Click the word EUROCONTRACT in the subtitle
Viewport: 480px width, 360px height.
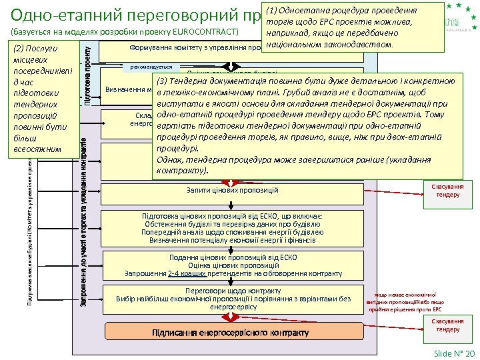click(206, 33)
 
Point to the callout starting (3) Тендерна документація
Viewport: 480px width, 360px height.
click(299, 123)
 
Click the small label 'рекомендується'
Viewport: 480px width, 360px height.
click(151, 67)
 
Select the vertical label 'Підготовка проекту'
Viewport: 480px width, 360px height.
click(87, 73)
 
